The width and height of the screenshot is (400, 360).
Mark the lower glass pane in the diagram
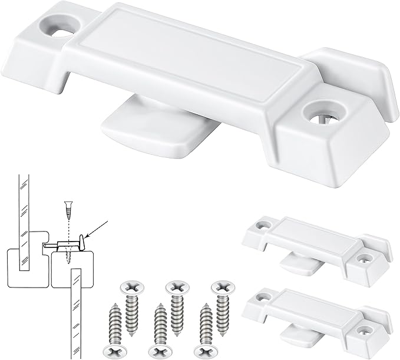tap(75, 312)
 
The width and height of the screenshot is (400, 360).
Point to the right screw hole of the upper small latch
tap(369, 258)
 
